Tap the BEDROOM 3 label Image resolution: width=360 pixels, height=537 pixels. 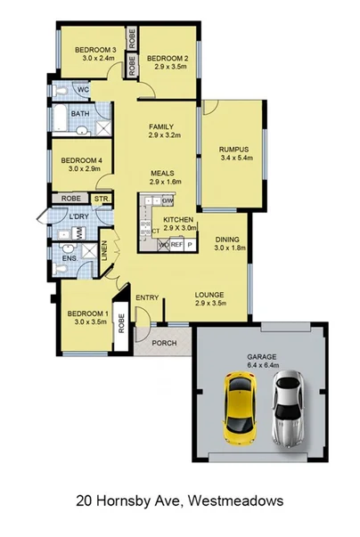[95, 50]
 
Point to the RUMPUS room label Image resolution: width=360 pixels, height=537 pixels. [233, 149]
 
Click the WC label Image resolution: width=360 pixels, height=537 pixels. [82, 91]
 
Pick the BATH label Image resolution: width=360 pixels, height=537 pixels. [79, 115]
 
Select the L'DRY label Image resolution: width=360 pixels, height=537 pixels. [79, 216]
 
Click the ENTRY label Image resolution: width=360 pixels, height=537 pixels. [147, 297]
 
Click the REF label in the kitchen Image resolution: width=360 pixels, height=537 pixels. [176, 243]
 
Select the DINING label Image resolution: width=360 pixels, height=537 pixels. [228, 240]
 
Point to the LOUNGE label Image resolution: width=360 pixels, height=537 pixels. [209, 295]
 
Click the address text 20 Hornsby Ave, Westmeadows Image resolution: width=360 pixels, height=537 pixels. [179, 501]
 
